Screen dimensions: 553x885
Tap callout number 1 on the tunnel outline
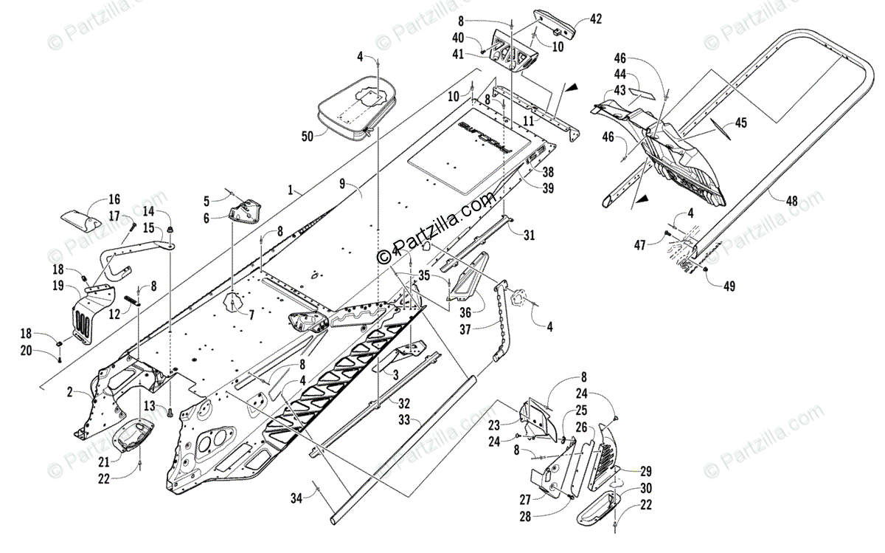coord(295,190)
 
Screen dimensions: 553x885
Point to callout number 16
coord(114,199)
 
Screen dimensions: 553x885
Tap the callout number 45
coord(739,123)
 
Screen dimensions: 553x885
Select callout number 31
coord(529,236)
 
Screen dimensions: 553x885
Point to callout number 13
coord(150,405)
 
